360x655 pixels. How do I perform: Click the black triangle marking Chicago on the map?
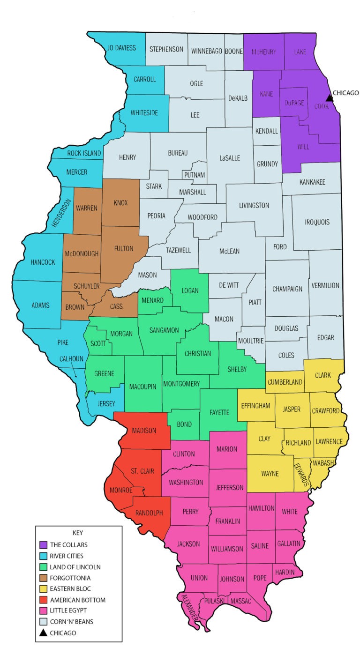coord(330,97)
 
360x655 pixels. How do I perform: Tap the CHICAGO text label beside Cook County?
coord(346,93)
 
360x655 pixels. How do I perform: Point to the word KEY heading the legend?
coord(78,533)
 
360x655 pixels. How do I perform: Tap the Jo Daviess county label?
coord(121,48)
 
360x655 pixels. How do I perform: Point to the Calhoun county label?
coord(71,359)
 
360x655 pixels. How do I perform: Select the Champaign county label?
coord(287,289)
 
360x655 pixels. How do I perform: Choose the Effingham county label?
coord(255,405)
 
